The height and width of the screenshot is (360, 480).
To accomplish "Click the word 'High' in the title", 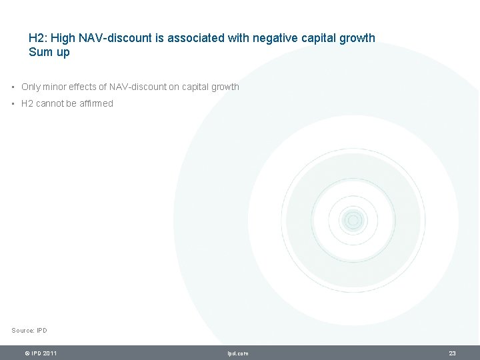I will coord(71,39).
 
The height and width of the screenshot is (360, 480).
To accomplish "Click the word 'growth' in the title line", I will coord(357,39).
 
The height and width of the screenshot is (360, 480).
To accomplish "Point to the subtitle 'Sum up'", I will coord(49,53).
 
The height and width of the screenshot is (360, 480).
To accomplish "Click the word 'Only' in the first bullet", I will coord(31,87).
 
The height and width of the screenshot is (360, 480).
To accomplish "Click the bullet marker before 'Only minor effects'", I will coord(13,87).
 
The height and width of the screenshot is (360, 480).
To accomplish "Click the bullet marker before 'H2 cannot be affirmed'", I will coord(13,104).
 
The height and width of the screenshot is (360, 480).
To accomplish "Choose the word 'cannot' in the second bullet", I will coord(50,103).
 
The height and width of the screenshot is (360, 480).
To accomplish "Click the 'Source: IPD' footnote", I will coord(29,331).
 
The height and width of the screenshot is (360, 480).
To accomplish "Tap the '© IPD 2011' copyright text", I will coord(40,353).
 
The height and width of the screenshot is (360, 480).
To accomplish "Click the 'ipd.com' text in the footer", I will coord(237,353).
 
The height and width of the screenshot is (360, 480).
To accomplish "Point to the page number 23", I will coord(452,353).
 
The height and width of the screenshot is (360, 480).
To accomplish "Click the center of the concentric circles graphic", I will coord(353,220).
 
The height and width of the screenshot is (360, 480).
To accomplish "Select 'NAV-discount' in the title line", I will coord(126,39).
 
